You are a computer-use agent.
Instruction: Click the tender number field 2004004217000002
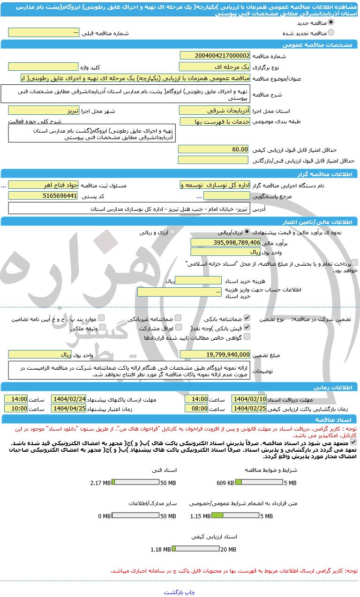tap(215, 55)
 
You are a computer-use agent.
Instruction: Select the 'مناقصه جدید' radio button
tap(331, 22)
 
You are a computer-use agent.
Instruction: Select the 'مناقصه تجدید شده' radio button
tap(331, 32)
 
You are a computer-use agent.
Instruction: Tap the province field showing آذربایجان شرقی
tap(215, 110)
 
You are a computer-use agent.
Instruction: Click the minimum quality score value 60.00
tap(213, 149)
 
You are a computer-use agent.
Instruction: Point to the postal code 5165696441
tap(43, 195)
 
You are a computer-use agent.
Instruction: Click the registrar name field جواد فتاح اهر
tap(43, 185)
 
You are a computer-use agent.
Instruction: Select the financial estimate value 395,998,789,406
tap(225, 242)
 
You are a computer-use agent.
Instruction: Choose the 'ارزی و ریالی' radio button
tap(172, 231)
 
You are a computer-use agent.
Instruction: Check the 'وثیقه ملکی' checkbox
tap(102, 327)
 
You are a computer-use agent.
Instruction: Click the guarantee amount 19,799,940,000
tap(215, 354)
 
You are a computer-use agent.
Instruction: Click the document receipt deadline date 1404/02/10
tap(249, 399)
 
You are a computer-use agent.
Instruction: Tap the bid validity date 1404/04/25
tap(68, 408)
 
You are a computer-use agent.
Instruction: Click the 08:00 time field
tap(196, 408)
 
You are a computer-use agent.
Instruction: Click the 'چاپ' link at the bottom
tap(190, 592)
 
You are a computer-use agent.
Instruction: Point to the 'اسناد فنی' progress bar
tap(136, 482)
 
